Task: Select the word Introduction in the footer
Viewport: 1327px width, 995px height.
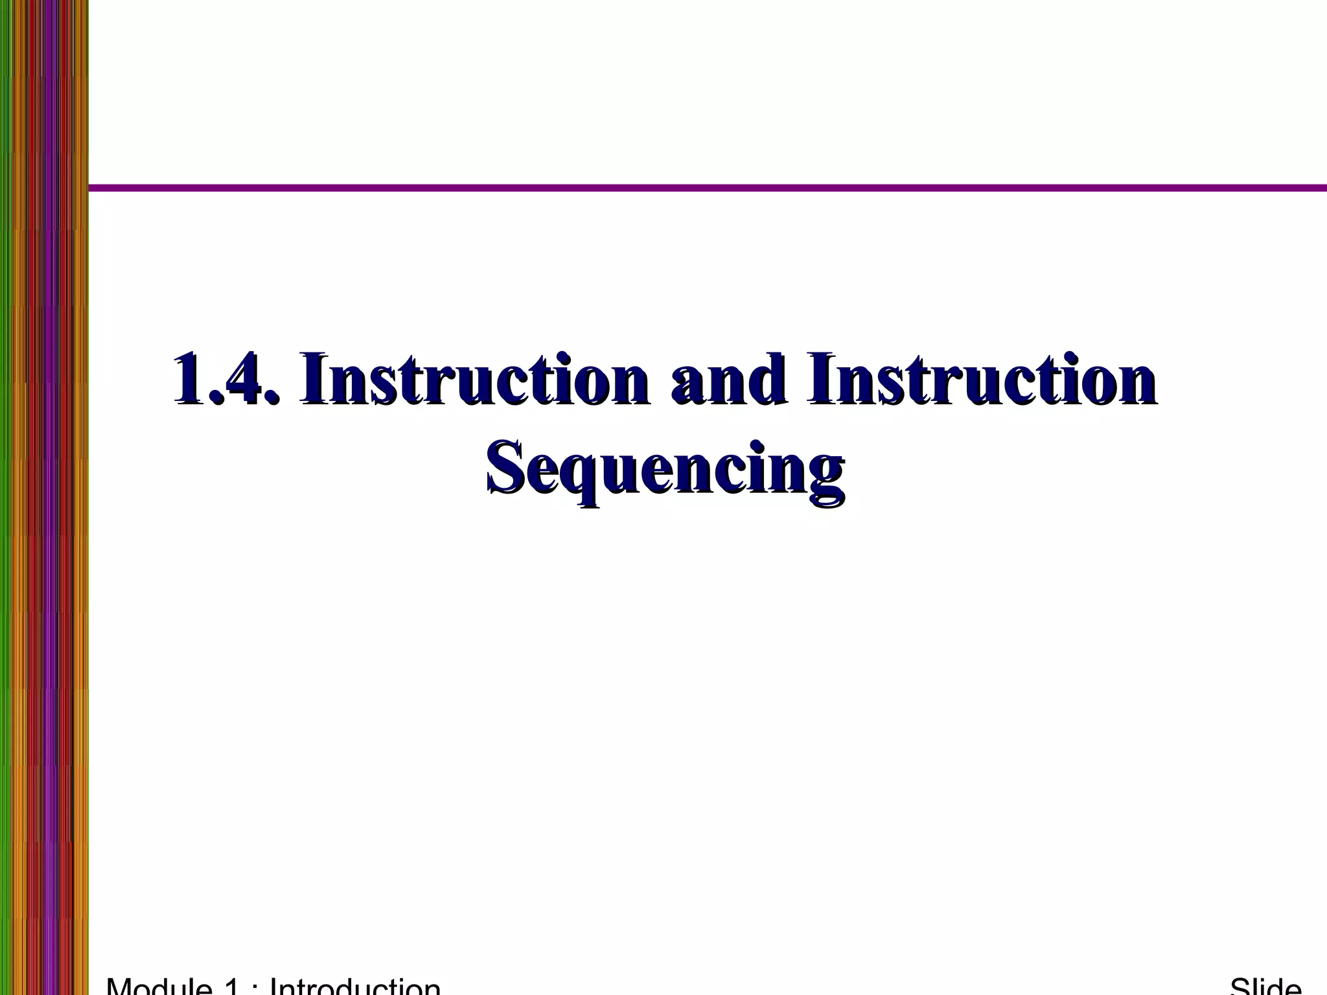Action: pyautogui.click(x=355, y=986)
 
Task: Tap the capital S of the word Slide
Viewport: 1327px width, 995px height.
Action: pyautogui.click(x=1240, y=986)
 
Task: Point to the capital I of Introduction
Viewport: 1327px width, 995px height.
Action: pyautogui.click(x=273, y=986)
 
